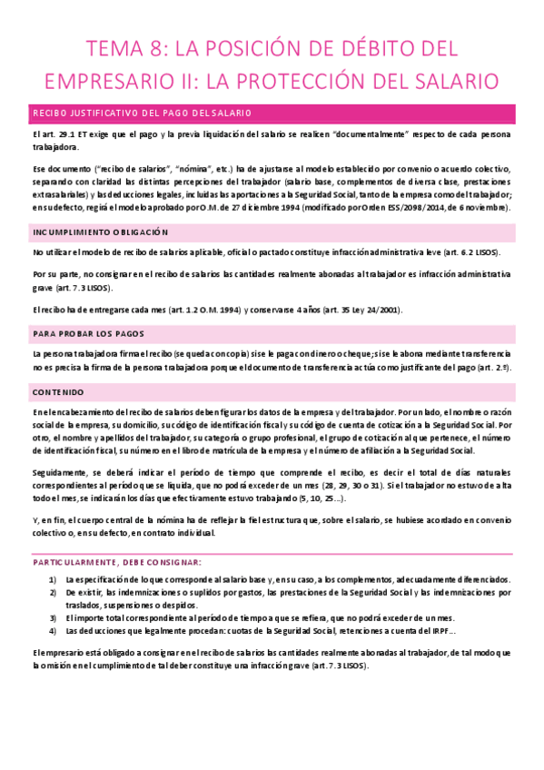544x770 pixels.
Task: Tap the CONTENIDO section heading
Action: pyautogui.click(x=58, y=392)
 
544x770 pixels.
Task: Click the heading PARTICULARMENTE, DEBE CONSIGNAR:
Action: pyautogui.click(x=117, y=562)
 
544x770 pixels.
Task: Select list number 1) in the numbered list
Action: pyautogui.click(x=53, y=579)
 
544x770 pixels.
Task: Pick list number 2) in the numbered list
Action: pyautogui.click(x=53, y=592)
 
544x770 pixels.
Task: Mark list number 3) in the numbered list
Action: pyautogui.click(x=53, y=617)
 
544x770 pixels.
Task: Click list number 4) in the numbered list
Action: pyautogui.click(x=53, y=629)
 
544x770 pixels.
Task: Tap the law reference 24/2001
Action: pyautogui.click(x=382, y=311)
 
